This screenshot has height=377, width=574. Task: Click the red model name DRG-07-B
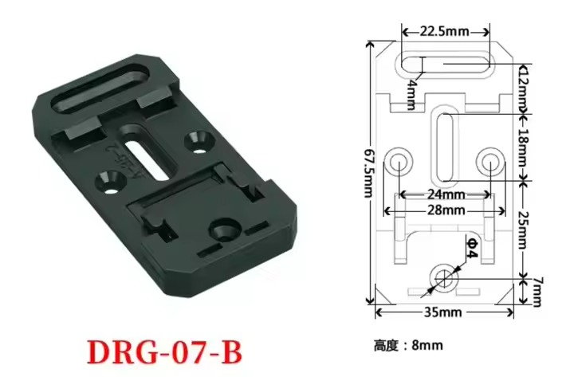165,353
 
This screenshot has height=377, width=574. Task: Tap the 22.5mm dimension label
444,32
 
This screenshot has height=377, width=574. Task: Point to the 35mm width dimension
443,312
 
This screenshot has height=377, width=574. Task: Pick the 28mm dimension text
446,210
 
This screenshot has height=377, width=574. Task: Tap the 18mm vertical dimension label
524,147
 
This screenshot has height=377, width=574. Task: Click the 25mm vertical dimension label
524,230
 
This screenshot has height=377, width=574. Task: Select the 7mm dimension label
536,292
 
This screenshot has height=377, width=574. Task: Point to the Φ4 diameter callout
472,248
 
